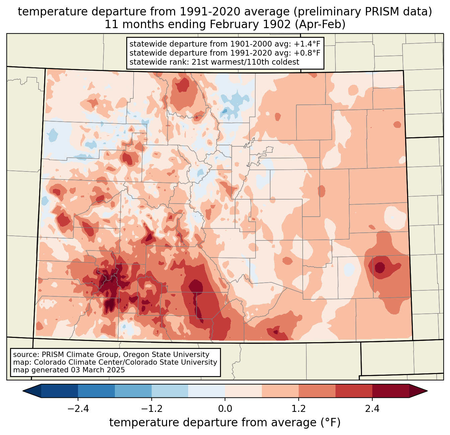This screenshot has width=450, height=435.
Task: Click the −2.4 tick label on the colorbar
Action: click(x=78, y=409)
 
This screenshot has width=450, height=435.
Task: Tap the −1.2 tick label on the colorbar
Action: click(x=151, y=409)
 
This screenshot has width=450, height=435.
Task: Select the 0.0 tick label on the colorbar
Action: click(x=225, y=409)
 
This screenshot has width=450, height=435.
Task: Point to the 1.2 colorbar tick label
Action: click(x=299, y=409)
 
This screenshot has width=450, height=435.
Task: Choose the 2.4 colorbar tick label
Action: click(x=372, y=409)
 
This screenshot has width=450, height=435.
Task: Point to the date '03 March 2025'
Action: click(x=97, y=370)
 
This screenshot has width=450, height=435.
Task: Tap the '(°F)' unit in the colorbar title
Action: click(x=330, y=423)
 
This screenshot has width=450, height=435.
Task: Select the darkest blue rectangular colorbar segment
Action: click(x=60, y=391)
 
